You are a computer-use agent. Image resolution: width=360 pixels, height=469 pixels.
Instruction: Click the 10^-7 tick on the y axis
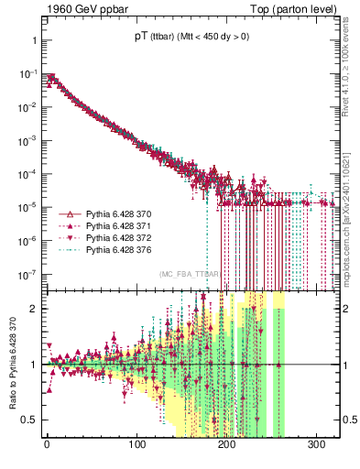click(27, 273)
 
